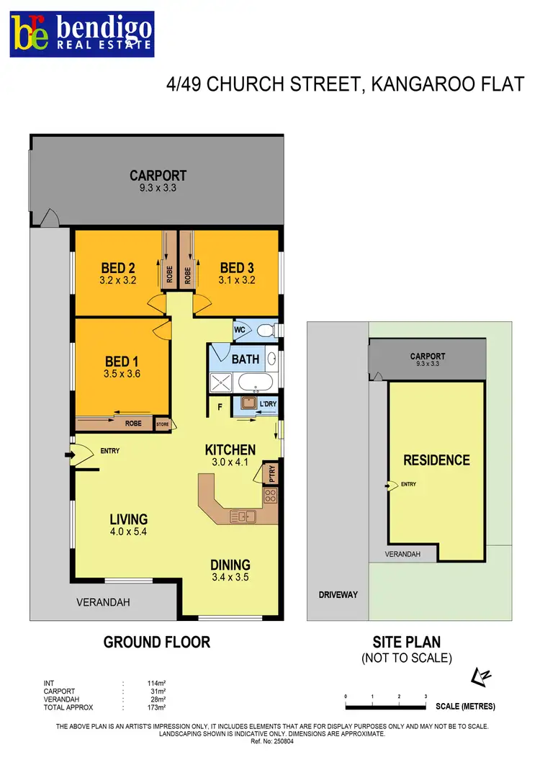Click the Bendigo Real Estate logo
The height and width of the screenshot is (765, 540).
tap(81, 34)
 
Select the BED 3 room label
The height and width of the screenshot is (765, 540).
tap(237, 268)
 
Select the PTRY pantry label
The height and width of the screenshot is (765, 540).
tap(271, 474)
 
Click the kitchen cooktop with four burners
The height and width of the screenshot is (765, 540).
tap(271, 495)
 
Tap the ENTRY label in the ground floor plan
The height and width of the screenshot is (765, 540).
tap(110, 452)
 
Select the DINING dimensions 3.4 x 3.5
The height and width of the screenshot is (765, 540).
tap(230, 576)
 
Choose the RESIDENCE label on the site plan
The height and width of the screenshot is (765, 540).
tap(436, 460)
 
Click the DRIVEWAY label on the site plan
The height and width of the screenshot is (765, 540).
tap(338, 595)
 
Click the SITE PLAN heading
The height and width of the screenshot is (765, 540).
tap(406, 642)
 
